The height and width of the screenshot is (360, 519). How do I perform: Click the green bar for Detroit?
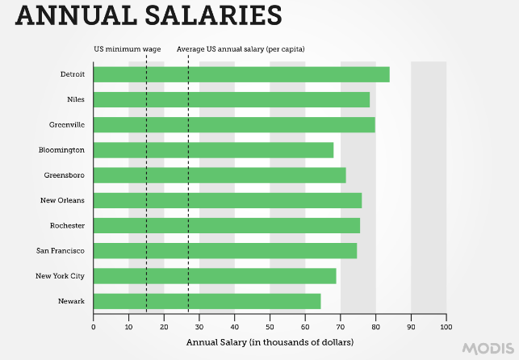click(x=241, y=74)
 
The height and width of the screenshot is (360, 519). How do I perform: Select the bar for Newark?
click(x=207, y=301)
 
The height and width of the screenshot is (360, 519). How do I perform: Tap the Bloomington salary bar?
click(x=213, y=150)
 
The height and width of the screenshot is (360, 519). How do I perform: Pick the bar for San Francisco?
click(x=225, y=251)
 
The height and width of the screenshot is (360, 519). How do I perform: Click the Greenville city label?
click(x=66, y=125)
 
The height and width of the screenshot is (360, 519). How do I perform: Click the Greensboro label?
click(x=65, y=175)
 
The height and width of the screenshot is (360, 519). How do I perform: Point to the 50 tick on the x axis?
click(x=270, y=327)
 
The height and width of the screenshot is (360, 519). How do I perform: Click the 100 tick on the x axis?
click(x=446, y=327)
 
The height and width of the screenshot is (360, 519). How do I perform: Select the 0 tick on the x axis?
click(x=94, y=327)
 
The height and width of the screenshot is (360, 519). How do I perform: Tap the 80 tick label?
click(x=375, y=327)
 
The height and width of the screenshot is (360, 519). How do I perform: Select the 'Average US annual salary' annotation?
click(x=241, y=49)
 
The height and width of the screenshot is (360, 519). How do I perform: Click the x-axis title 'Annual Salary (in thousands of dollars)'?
click(x=270, y=342)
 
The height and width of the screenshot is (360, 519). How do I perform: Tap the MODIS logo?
click(x=488, y=348)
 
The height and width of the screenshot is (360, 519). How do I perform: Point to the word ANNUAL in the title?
click(x=71, y=15)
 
